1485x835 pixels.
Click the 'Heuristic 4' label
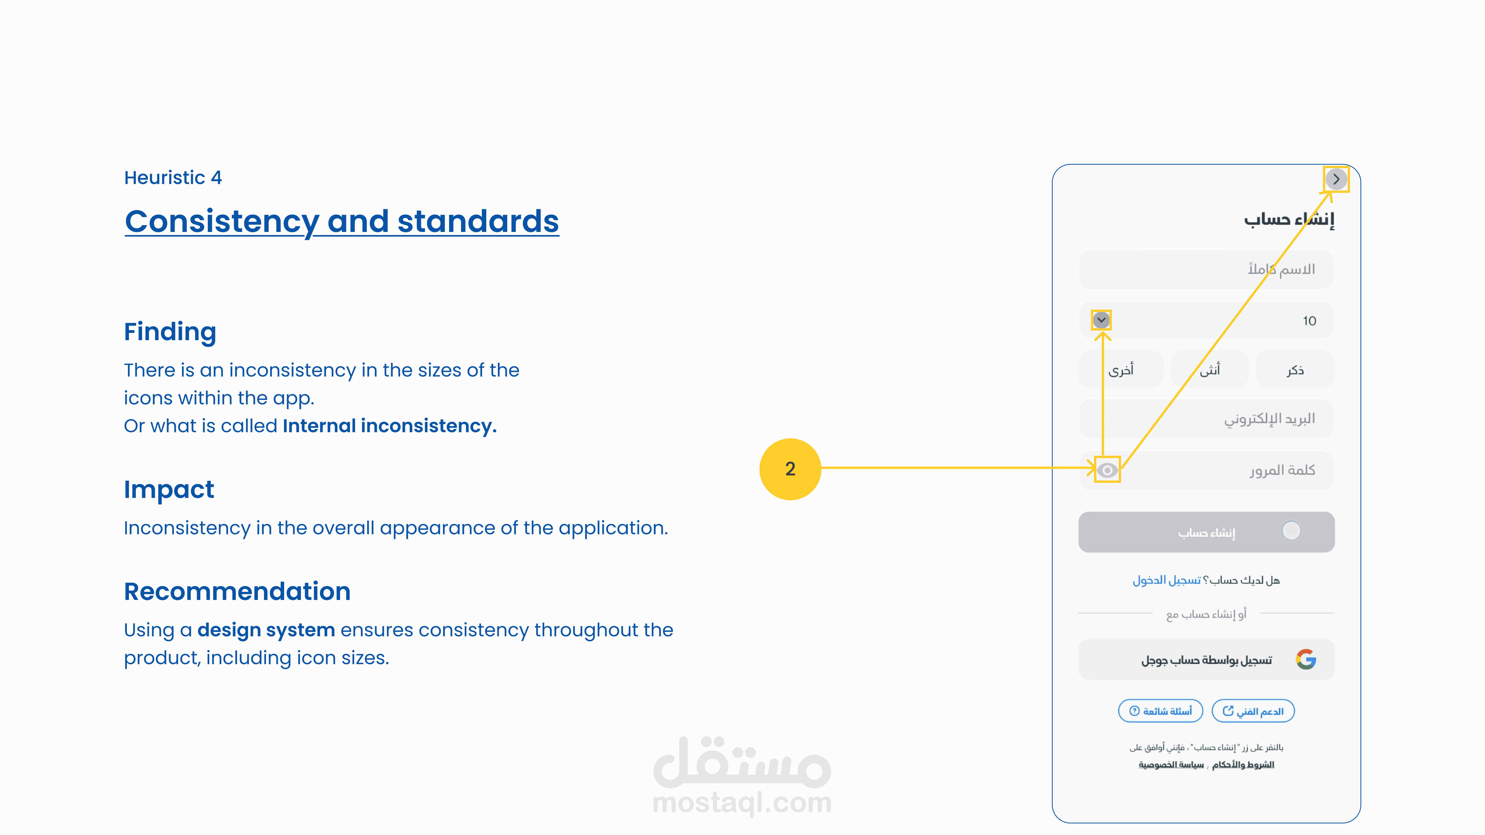(x=173, y=178)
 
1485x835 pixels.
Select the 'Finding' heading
(x=170, y=332)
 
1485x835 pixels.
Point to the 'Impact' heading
(x=169, y=490)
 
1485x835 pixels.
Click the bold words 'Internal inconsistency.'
(x=390, y=426)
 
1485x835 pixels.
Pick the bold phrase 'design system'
(x=266, y=630)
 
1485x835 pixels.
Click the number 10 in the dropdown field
(x=1309, y=321)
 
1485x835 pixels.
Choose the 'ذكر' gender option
(x=1295, y=369)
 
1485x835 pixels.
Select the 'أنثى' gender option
(x=1210, y=369)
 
